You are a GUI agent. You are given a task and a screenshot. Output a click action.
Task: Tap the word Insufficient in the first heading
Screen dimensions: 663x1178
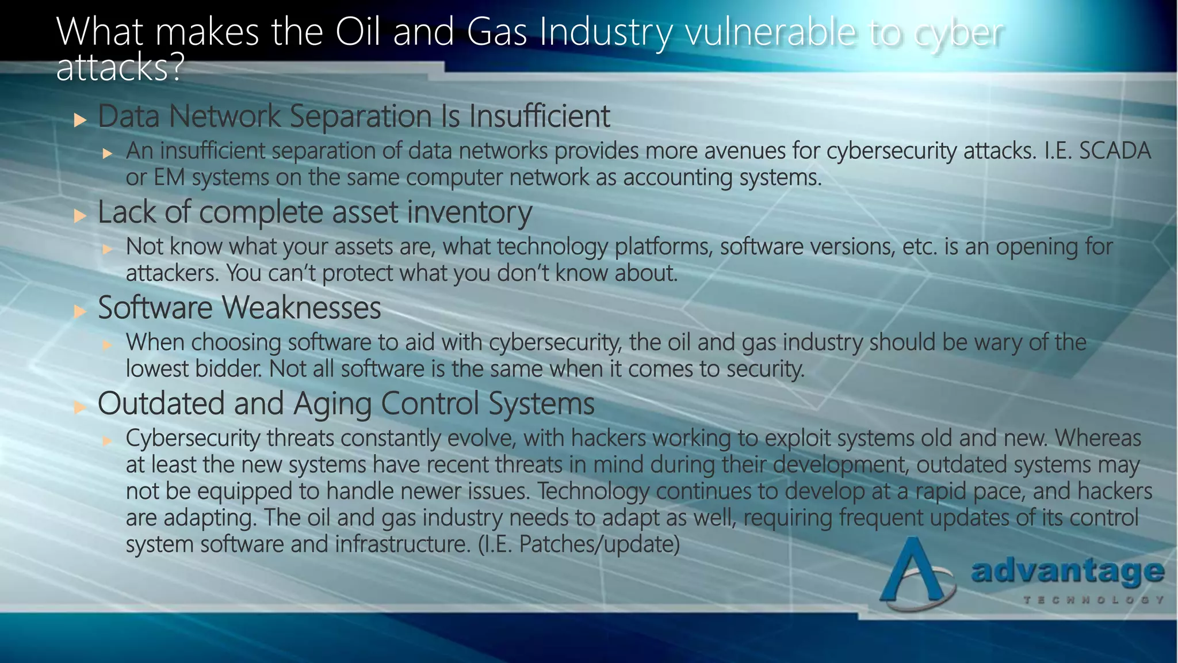(539, 116)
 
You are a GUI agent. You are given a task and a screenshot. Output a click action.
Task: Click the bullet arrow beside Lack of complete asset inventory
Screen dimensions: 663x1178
(80, 216)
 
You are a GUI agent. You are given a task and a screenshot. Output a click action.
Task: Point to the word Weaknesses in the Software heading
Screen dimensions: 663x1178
(301, 308)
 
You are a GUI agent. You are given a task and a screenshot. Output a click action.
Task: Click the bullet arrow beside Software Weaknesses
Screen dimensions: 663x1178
(80, 312)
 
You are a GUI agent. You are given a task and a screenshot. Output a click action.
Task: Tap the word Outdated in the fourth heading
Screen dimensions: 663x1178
(160, 403)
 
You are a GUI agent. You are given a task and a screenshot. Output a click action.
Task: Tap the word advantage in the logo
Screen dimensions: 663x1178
(1067, 571)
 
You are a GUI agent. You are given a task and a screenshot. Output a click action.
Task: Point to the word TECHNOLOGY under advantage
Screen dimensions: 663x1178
(1093, 600)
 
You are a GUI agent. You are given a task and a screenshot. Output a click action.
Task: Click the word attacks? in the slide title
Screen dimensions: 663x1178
(120, 68)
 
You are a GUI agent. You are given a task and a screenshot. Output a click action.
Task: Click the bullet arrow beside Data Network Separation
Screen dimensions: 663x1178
(80, 120)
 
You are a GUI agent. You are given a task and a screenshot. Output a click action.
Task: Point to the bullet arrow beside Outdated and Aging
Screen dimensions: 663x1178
(80, 408)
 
